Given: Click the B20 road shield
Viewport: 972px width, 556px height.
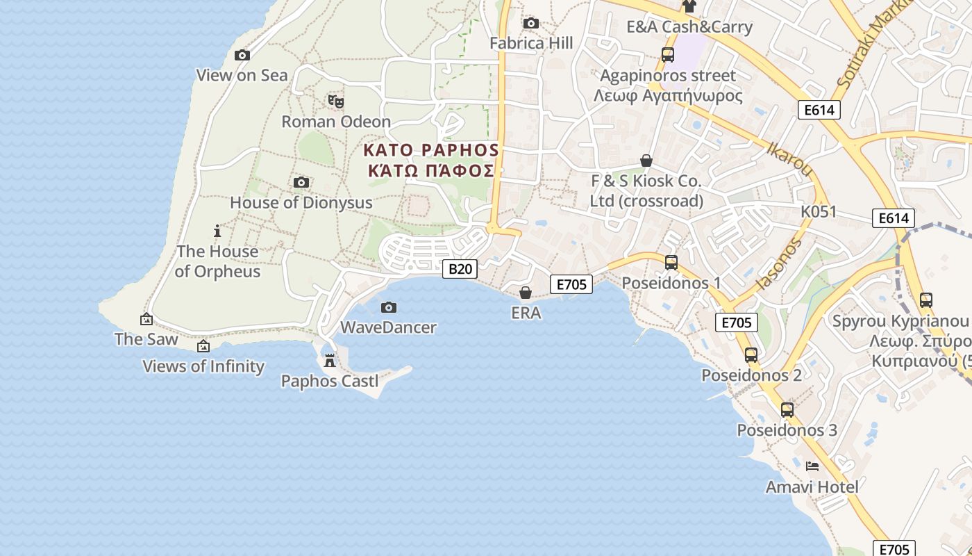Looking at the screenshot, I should [x=460, y=268].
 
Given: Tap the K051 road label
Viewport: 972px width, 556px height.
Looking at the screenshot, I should [x=819, y=211].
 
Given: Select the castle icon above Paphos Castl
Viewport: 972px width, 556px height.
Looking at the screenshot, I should [x=330, y=361].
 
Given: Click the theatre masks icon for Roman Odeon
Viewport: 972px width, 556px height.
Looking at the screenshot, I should [x=336, y=101].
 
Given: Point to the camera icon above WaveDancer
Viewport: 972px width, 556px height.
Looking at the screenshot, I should [x=389, y=307].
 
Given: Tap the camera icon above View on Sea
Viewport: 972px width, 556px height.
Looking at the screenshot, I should [x=242, y=55].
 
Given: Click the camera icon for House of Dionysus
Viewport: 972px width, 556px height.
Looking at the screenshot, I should [x=301, y=182].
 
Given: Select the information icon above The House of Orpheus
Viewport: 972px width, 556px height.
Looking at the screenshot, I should [x=217, y=231].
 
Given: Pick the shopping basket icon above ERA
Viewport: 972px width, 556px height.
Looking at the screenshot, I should [x=526, y=293].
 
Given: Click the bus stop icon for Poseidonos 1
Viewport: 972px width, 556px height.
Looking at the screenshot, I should [x=671, y=263].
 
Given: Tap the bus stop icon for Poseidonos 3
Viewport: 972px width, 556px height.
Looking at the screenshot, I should [x=787, y=410].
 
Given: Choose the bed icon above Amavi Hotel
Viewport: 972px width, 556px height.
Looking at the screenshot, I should [x=812, y=466].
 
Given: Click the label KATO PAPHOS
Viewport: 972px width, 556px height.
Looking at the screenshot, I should [x=431, y=150].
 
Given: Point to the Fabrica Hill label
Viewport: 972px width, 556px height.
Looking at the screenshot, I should [x=531, y=43].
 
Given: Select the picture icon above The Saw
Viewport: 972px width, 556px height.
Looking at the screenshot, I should [x=146, y=319].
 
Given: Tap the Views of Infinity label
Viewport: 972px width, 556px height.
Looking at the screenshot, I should [x=203, y=366].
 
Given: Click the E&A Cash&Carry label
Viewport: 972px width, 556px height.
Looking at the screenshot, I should [x=689, y=27].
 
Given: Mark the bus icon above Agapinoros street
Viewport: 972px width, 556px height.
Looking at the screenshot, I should [x=667, y=55].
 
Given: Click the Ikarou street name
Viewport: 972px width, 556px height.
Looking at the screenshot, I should [x=790, y=158].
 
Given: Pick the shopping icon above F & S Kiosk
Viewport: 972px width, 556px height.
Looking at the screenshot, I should [x=646, y=161].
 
